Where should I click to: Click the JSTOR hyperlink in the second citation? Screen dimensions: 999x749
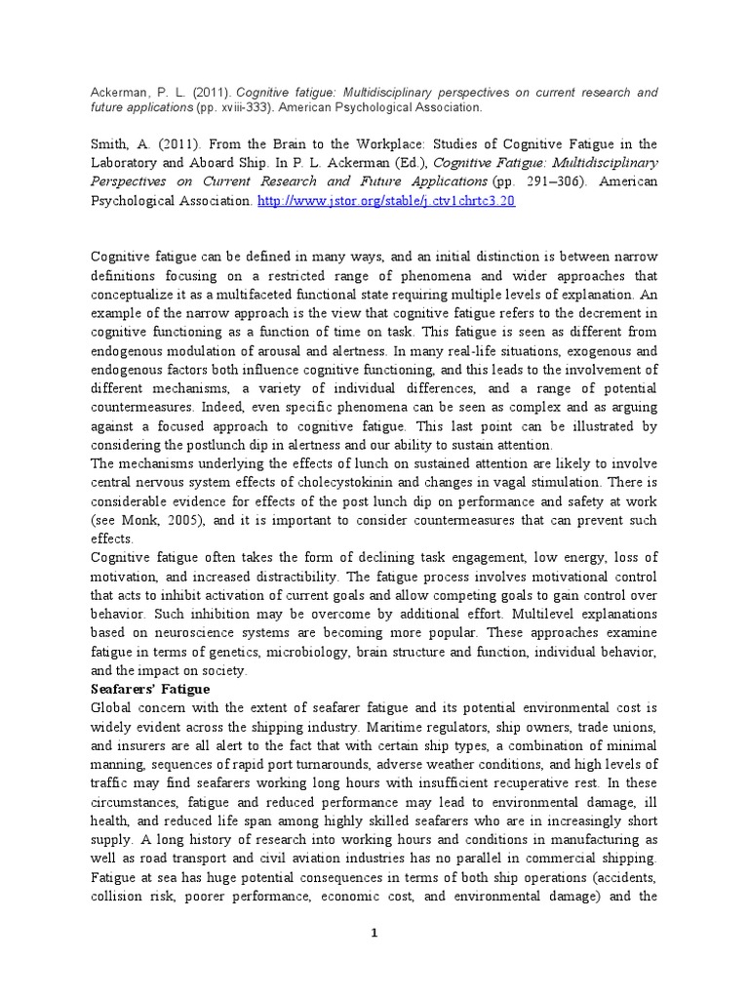(386, 200)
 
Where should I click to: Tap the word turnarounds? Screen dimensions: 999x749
(330, 762)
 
